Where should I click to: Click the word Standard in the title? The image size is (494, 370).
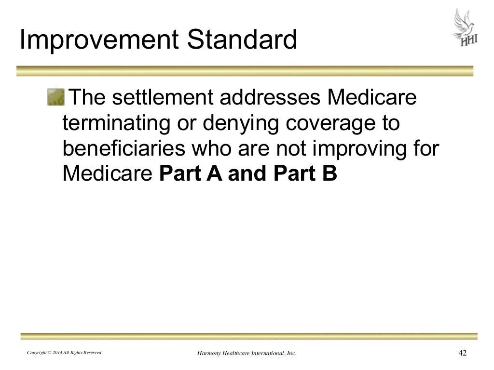tap(242, 41)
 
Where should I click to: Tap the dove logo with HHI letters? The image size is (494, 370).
tap(465, 28)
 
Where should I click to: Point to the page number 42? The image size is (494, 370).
tap(462, 354)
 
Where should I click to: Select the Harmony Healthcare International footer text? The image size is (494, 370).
tap(247, 354)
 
